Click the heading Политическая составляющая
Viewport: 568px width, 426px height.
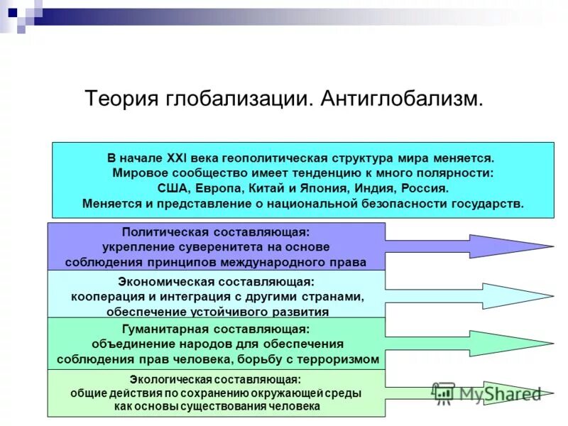pyautogui.click(x=216, y=232)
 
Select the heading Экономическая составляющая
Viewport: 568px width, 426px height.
pyautogui.click(x=216, y=281)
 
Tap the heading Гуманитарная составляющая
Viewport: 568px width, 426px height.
pyautogui.click(x=216, y=329)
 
